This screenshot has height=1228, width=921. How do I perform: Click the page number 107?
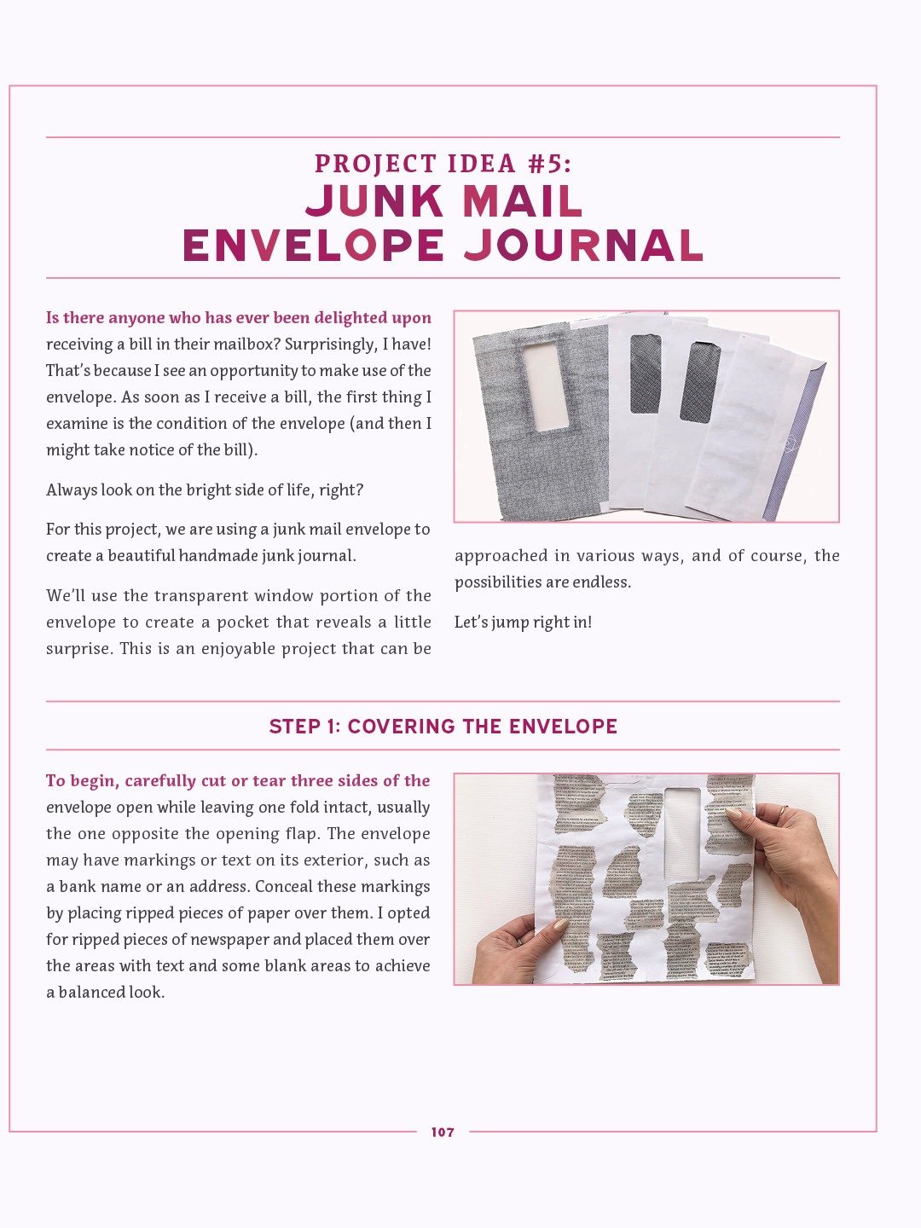click(x=443, y=1132)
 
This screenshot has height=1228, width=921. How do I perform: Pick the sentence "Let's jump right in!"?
click(x=523, y=623)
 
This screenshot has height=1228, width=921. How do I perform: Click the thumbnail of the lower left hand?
click(x=560, y=925)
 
